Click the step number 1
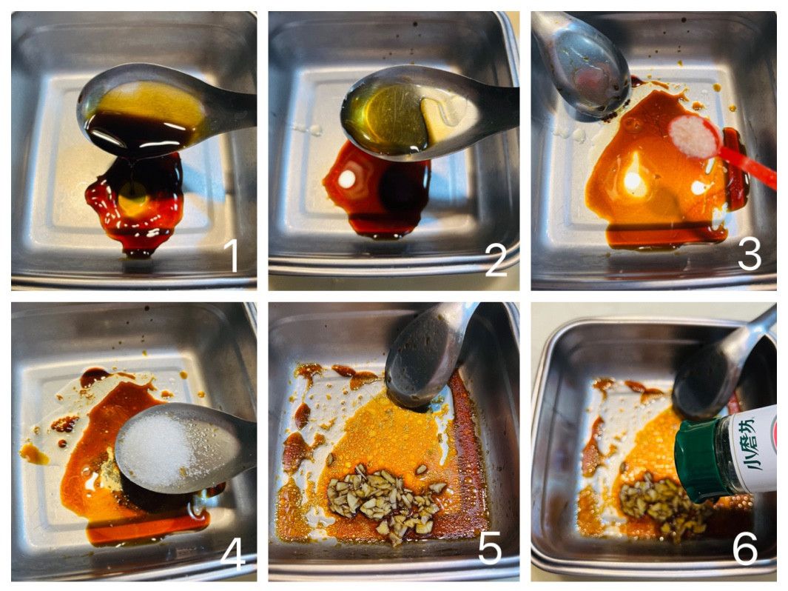(231, 255)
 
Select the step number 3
(750, 254)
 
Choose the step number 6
(745, 548)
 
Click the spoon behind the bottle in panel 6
(718, 373)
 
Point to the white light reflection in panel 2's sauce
(347, 178)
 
